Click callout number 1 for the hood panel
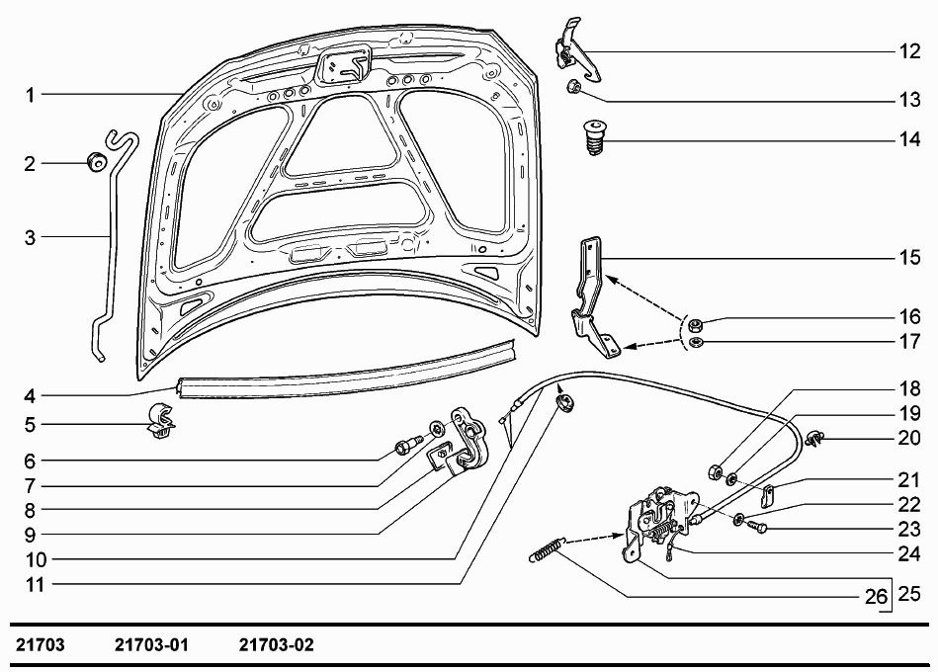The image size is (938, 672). [x=31, y=95]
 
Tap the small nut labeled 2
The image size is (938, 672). [x=96, y=162]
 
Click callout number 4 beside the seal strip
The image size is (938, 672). [x=31, y=397]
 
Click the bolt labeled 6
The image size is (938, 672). [x=404, y=448]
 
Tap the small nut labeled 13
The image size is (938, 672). [x=573, y=89]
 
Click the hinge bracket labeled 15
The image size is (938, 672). [x=592, y=296]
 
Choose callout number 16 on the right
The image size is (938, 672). [x=909, y=317]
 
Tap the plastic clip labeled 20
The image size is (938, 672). [x=815, y=438]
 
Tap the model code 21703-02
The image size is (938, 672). [x=277, y=645]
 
